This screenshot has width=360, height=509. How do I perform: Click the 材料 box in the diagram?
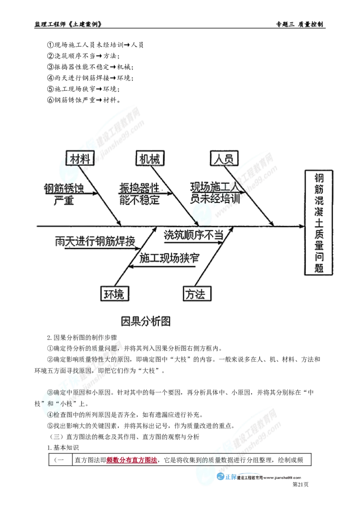click(80, 158)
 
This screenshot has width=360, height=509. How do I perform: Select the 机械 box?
click(150, 158)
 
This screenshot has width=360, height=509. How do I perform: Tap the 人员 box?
click(224, 158)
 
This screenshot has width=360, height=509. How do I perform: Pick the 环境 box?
click(114, 294)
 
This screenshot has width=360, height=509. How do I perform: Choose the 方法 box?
click(197, 294)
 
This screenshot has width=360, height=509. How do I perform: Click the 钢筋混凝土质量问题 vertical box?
click(319, 223)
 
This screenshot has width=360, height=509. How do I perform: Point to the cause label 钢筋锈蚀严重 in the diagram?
click(64, 194)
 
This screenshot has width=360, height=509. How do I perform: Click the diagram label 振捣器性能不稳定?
click(139, 193)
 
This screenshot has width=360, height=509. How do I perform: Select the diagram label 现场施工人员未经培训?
click(215, 192)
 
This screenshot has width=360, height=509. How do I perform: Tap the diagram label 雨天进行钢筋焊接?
click(95, 241)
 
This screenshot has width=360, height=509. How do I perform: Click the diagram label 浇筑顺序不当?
click(193, 235)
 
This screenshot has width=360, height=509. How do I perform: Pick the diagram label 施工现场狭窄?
click(169, 258)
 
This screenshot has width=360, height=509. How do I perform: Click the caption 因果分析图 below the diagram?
click(146, 321)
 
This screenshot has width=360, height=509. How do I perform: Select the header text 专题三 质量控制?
click(300, 24)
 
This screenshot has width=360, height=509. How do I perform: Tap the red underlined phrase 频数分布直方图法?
click(132, 460)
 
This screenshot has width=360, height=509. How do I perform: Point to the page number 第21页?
click(301, 484)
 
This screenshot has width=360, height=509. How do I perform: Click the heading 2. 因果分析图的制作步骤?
click(82, 338)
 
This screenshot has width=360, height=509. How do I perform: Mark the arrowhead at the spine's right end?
click(303, 226)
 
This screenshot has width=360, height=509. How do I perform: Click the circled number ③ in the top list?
click(50, 67)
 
